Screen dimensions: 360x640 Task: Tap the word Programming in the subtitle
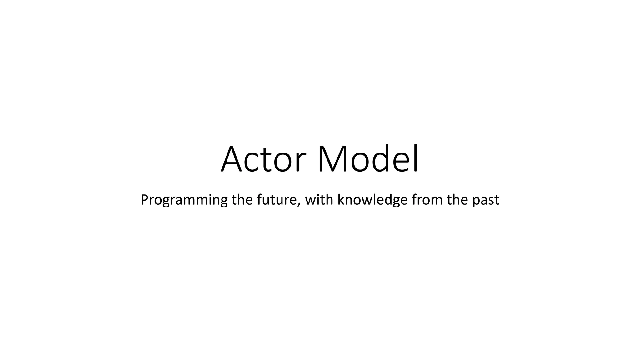coord(184,200)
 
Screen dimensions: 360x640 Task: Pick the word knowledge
coord(372,200)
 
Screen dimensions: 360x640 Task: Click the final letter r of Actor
coord(299,162)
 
